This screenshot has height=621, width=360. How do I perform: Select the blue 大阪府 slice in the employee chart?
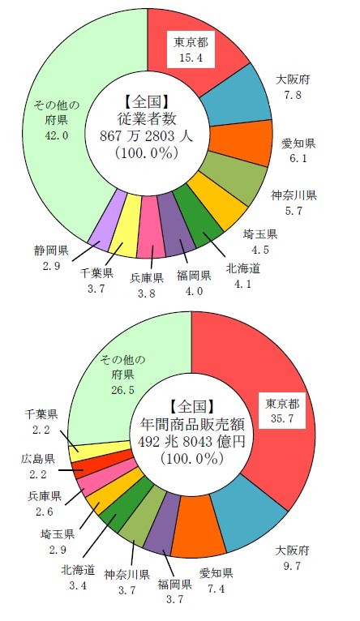click(x=238, y=98)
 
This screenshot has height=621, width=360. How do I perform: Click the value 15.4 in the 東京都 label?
click(x=191, y=58)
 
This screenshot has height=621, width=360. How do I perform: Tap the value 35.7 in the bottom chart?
click(x=282, y=419)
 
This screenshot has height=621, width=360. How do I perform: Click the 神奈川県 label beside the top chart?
click(x=294, y=195)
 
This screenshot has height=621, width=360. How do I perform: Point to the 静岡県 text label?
click(x=51, y=251)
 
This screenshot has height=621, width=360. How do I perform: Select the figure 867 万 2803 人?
click(x=148, y=136)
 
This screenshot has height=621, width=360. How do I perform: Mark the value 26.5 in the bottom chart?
click(x=122, y=390)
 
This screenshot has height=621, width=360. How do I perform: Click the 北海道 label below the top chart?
click(x=243, y=268)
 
